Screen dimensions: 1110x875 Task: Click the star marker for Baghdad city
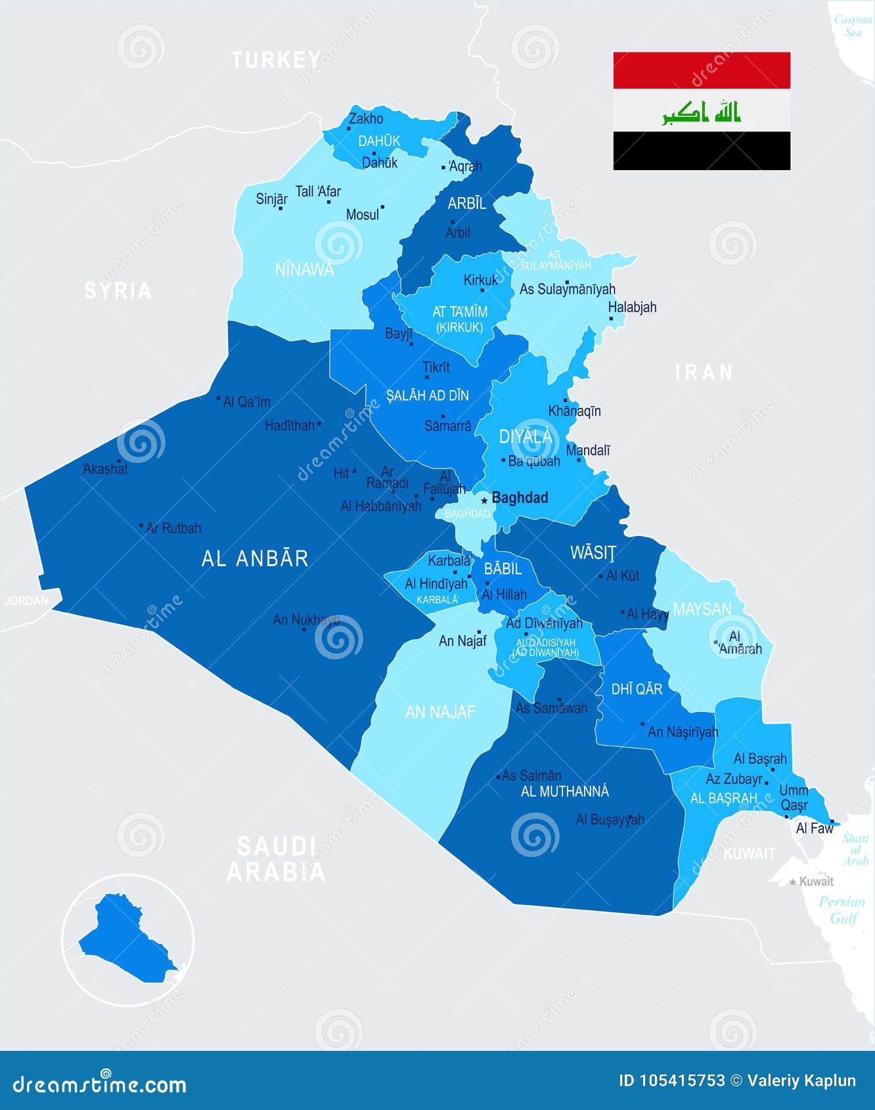484,500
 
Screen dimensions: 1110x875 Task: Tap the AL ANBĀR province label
255,558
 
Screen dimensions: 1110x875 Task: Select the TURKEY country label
276,60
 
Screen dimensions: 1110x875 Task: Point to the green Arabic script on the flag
702,112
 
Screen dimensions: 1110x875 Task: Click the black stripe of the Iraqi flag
702,150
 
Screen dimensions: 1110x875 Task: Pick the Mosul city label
363,215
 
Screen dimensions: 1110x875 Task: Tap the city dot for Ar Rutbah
141,526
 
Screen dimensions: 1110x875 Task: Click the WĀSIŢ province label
593,553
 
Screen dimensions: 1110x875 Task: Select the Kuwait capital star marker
793,882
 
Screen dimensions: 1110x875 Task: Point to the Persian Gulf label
842,910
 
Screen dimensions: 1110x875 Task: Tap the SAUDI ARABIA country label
276,859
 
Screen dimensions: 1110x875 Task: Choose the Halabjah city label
632,307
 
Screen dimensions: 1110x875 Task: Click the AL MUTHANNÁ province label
565,791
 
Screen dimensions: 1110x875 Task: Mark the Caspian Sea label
853,26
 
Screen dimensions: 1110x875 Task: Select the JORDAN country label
26,600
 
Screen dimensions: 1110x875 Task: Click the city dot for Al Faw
832,821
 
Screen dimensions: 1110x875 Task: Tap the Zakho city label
366,119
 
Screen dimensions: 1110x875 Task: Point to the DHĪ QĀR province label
637,689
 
